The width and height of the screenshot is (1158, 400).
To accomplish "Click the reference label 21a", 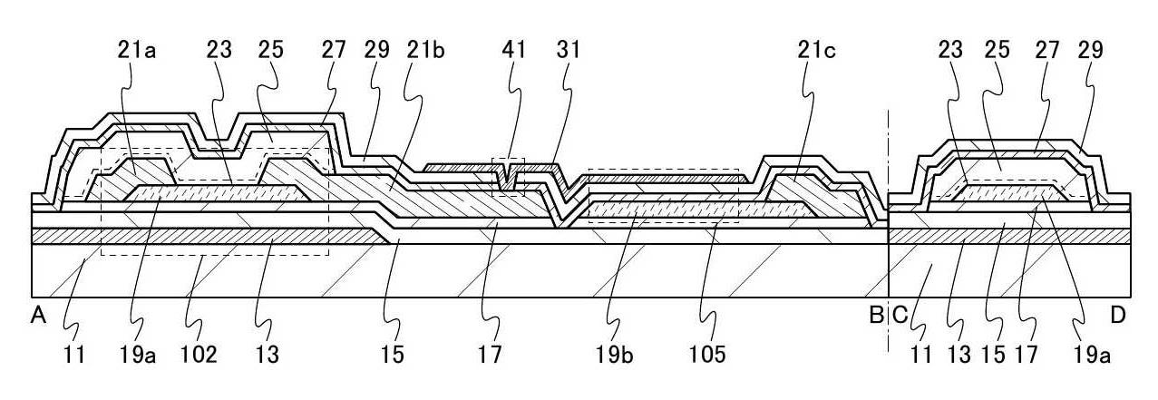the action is (137, 50).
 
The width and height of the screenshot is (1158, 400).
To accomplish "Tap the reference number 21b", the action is (425, 50).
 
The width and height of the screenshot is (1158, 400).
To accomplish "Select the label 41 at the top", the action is (513, 50).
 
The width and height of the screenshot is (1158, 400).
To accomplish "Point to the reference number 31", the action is (569, 50).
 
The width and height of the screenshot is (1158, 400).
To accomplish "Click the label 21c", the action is (817, 50).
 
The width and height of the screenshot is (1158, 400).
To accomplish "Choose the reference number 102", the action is (199, 355).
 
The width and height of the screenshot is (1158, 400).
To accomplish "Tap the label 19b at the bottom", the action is (614, 355).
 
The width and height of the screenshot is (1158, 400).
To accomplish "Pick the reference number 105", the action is (707, 355).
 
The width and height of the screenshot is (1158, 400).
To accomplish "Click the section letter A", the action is (38, 315).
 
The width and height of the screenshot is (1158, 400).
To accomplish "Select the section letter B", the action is (876, 315).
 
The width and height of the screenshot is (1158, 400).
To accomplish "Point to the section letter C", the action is (900, 315).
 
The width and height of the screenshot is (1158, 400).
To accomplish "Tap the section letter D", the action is (1118, 315).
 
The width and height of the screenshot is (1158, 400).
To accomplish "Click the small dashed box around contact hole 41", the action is (508, 177).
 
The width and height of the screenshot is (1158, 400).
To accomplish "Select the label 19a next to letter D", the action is (1091, 355).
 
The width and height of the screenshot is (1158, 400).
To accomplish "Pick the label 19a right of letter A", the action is (138, 355).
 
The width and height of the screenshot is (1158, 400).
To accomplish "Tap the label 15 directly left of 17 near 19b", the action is (393, 355).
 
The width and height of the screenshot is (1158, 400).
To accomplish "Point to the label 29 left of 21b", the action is (376, 50).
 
